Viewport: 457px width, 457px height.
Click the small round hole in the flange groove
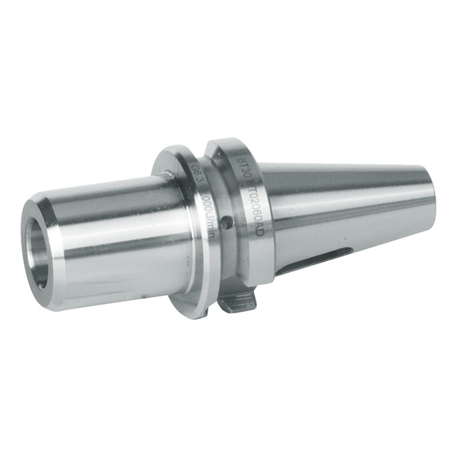point(226,225)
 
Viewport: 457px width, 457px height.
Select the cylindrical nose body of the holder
point(119,238)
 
